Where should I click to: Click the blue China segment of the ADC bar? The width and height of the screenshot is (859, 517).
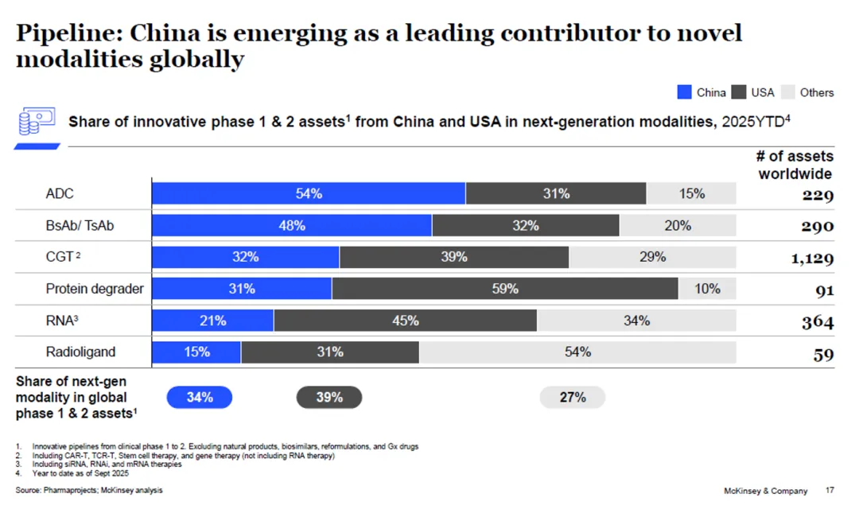tap(309, 193)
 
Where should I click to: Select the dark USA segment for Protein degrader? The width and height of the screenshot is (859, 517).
tap(505, 289)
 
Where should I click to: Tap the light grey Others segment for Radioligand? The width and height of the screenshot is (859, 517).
tap(577, 352)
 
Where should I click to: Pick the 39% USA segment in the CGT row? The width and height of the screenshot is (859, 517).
tap(454, 257)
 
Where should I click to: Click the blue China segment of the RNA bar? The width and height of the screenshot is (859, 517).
tap(213, 321)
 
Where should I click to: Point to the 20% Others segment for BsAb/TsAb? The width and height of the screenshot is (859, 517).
tap(678, 225)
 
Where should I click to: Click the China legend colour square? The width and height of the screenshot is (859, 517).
tap(684, 92)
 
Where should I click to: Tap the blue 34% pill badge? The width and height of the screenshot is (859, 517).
tap(200, 397)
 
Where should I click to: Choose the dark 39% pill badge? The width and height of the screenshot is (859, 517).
tap(329, 397)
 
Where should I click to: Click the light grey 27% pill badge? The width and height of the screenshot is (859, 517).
tap(573, 397)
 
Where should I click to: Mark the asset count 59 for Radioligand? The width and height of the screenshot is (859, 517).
tap(823, 355)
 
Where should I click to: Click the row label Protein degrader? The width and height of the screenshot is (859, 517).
tap(95, 289)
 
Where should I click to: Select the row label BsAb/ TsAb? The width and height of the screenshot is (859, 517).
tap(80, 225)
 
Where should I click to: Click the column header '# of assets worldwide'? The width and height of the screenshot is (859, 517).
tap(795, 165)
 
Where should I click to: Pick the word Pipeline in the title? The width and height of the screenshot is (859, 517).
tap(68, 33)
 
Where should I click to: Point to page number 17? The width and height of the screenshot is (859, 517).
tap(830, 491)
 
